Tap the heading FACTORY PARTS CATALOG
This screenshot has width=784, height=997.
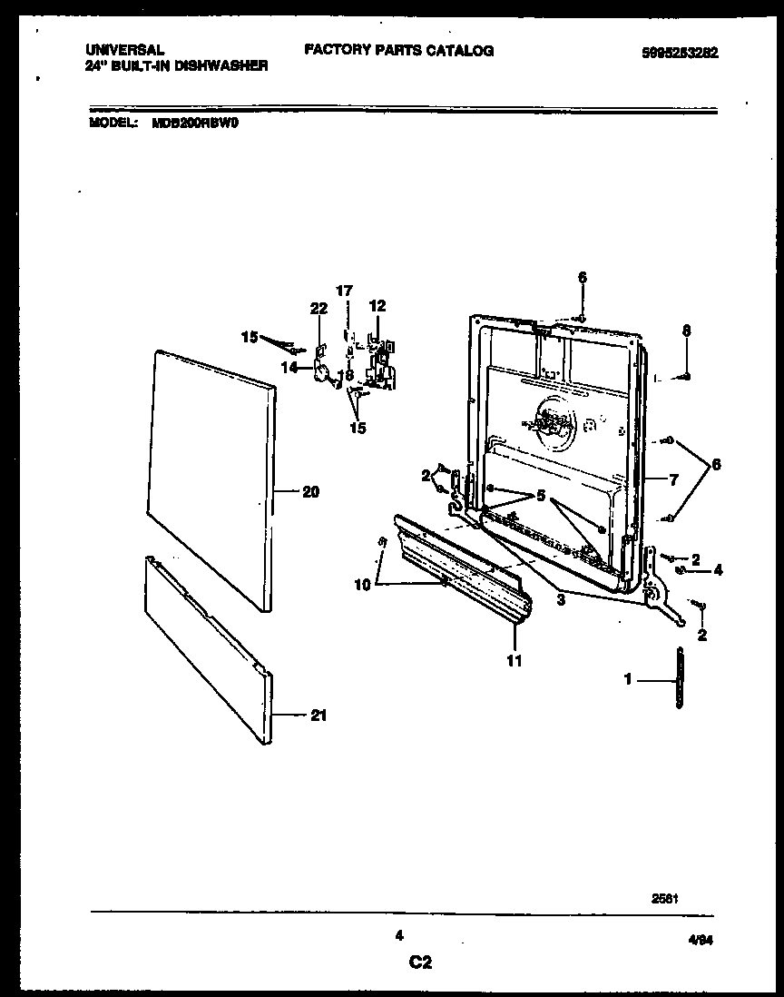point(398,51)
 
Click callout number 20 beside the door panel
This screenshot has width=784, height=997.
point(310,492)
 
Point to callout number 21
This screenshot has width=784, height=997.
point(318,716)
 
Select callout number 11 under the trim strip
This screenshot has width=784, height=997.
point(514,660)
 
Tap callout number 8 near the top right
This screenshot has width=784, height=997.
point(687,331)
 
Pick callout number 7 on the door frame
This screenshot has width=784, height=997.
point(673,480)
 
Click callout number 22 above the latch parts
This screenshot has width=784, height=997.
point(318,309)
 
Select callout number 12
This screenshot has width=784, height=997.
point(377,305)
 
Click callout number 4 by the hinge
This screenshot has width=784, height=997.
point(717,570)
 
